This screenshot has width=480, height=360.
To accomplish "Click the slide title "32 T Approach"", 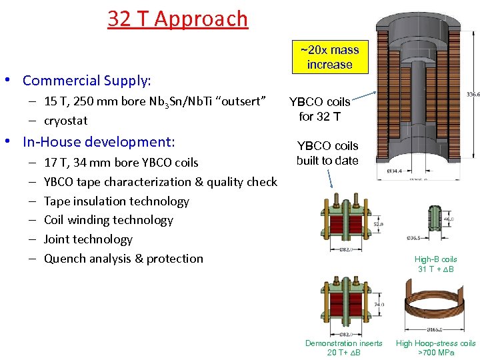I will (177, 19).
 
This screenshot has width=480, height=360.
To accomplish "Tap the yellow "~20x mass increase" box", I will (329, 57).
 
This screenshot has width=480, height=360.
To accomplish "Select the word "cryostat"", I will (65, 121).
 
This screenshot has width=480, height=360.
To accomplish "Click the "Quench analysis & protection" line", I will (123, 259).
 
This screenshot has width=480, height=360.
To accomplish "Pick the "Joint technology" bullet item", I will (88, 239).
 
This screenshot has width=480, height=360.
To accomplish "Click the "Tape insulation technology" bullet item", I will (116, 201).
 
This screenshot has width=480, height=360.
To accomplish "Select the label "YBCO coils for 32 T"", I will (320, 109).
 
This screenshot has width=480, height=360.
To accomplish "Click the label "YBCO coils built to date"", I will (327, 153).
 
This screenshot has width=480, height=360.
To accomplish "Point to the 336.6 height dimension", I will (473, 95).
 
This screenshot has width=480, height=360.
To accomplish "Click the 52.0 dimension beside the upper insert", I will (378, 225).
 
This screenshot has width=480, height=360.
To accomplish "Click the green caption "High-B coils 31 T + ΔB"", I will (435, 264).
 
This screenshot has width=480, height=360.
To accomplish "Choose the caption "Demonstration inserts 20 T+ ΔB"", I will (344, 347).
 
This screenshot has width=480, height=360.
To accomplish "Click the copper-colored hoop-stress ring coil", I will (433, 307).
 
